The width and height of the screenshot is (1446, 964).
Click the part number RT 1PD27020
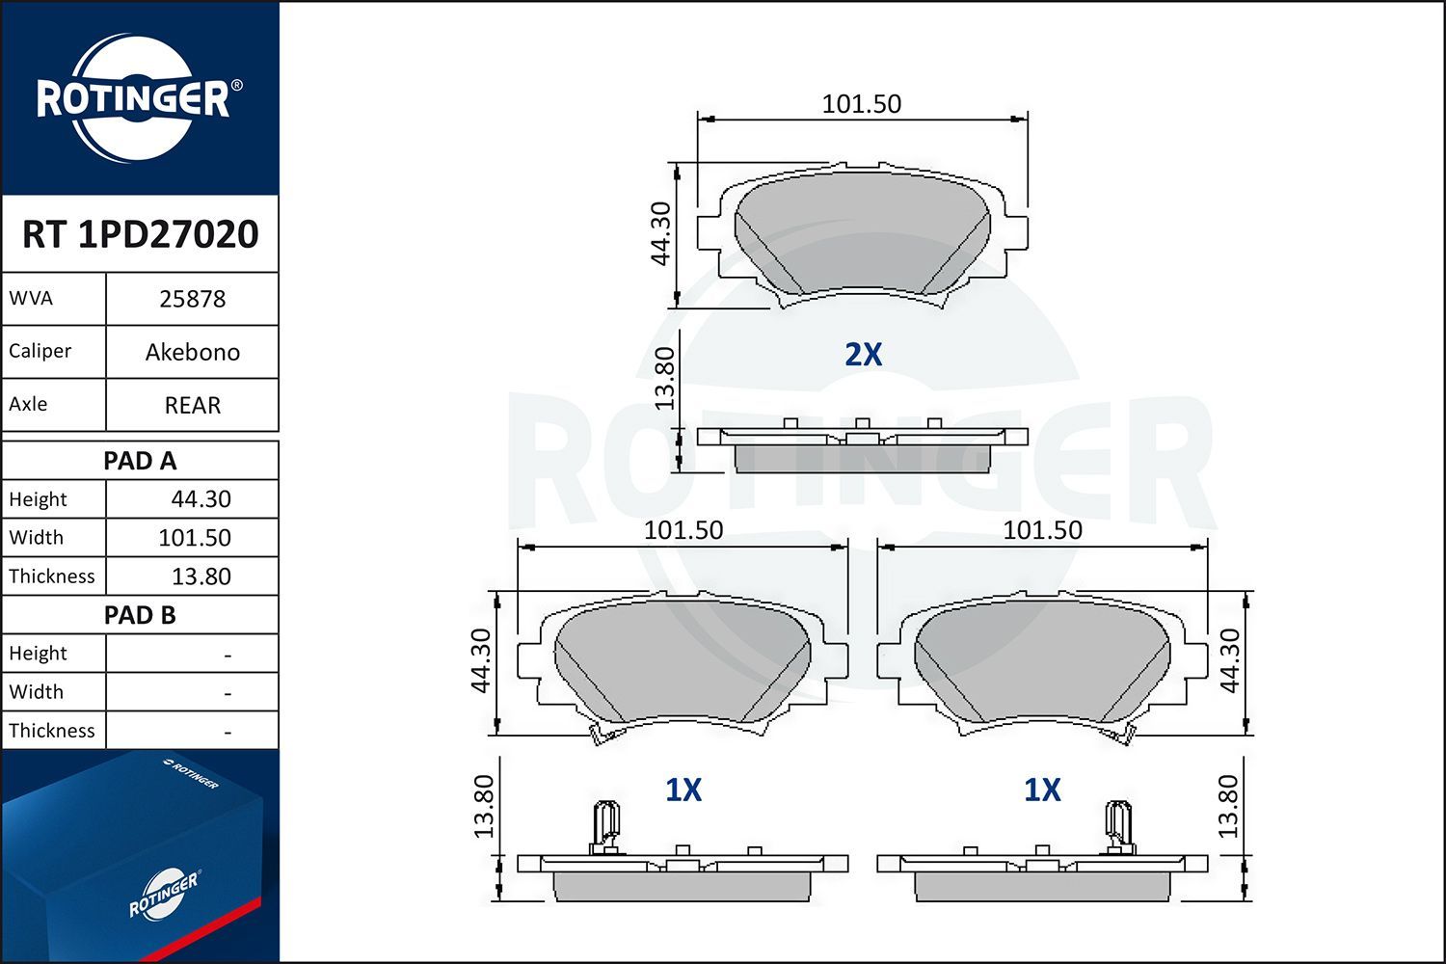(140, 234)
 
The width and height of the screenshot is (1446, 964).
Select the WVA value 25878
(192, 299)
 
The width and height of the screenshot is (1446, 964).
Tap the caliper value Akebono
(192, 352)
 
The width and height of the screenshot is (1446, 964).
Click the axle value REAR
(192, 405)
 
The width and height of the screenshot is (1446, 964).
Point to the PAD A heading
(140, 461)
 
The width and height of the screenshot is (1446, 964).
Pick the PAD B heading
(140, 615)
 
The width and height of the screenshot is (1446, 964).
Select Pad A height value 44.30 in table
(201, 499)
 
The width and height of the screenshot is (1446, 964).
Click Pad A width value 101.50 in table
(195, 538)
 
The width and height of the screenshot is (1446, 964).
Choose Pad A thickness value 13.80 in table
(201, 576)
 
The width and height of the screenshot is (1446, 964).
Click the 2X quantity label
(863, 355)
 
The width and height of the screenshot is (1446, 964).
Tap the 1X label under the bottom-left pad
(683, 790)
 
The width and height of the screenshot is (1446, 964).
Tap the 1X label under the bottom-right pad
(1042, 790)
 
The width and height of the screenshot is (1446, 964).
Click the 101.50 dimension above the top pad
(861, 104)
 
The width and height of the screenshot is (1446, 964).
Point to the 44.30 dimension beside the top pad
(660, 233)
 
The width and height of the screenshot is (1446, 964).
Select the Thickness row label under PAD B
(52, 731)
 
